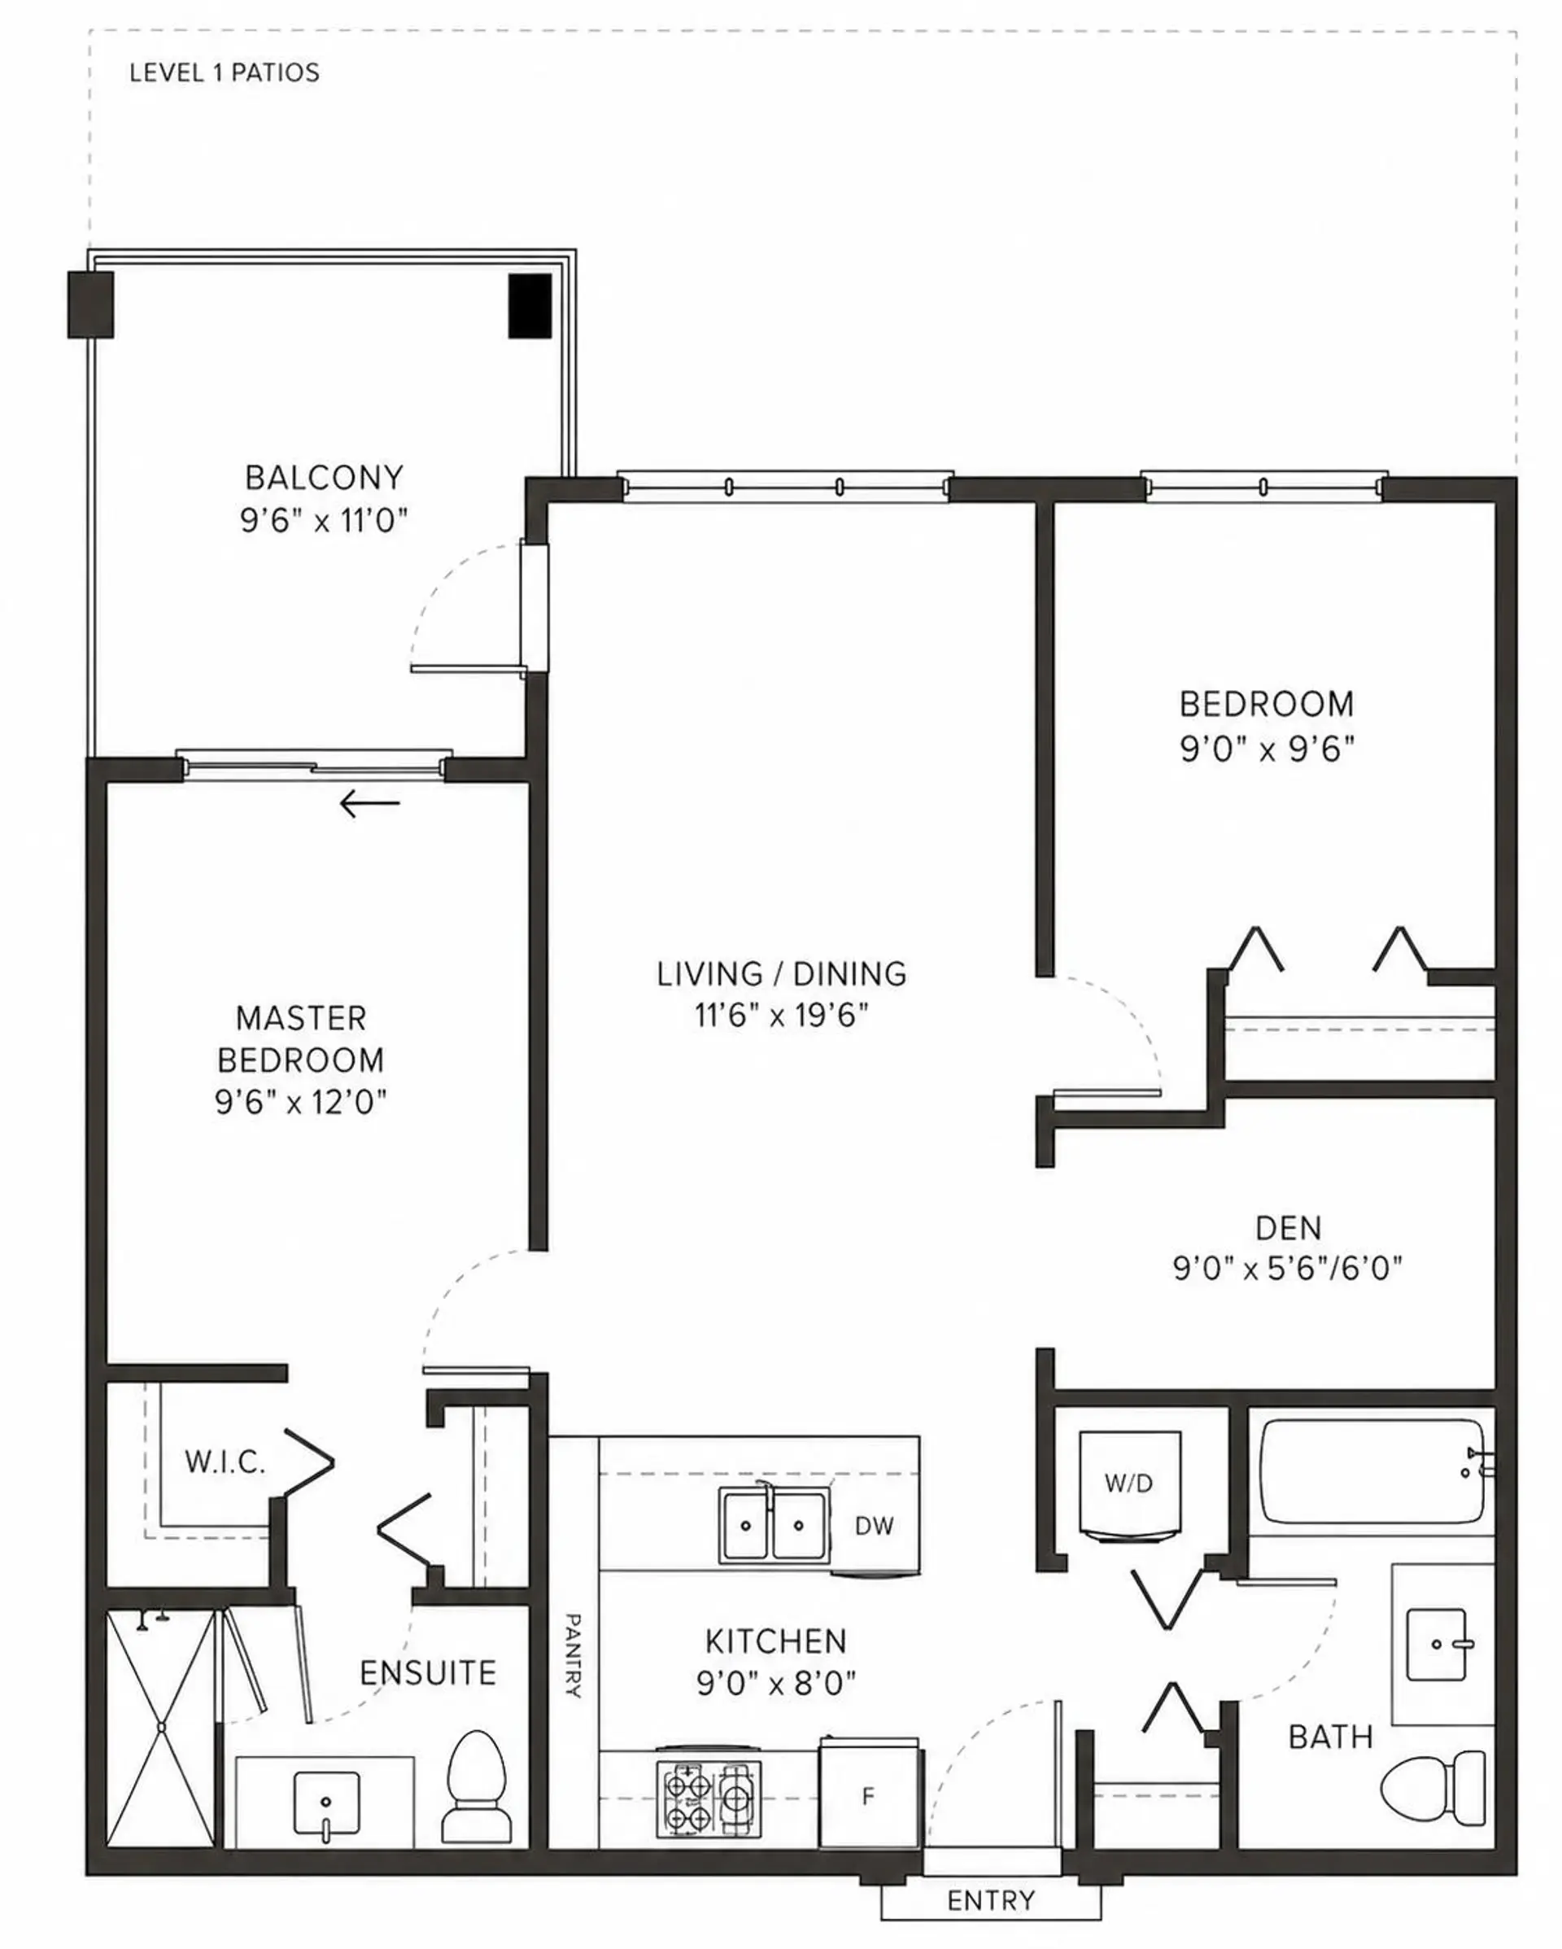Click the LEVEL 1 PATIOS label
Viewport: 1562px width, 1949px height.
(225, 72)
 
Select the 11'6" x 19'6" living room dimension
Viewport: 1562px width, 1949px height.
(781, 1015)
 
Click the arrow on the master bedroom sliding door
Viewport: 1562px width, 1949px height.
(369, 802)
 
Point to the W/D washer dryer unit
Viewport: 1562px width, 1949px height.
(1129, 1484)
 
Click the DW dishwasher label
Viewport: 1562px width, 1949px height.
(874, 1526)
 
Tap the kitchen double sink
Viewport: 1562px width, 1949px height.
(773, 1525)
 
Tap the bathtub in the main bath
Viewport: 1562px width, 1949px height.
(1372, 1471)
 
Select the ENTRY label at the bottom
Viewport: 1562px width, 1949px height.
(991, 1900)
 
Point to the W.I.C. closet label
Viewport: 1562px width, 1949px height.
(225, 1462)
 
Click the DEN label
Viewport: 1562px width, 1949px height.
(1288, 1228)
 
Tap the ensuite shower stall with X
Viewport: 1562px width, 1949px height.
(162, 1728)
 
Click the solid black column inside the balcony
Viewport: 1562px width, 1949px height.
(530, 307)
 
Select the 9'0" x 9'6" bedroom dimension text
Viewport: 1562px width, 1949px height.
(1267, 749)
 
